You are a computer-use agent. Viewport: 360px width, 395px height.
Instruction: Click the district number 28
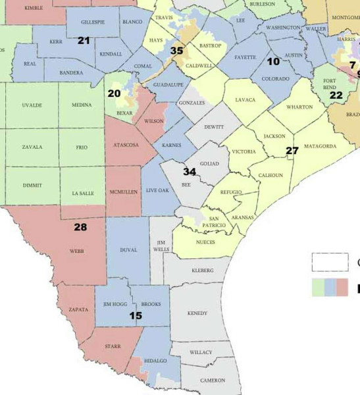click(80, 227)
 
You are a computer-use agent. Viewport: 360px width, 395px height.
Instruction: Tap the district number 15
click(136, 316)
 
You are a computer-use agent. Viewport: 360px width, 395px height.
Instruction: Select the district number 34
click(190, 172)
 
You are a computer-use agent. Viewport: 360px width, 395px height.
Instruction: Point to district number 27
click(292, 151)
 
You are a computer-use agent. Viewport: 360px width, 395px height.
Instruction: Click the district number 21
click(84, 41)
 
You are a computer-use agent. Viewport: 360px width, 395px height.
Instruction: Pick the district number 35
click(176, 51)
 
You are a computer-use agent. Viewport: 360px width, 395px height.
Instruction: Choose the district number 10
click(273, 61)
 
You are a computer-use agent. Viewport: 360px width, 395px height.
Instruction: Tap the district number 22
click(336, 95)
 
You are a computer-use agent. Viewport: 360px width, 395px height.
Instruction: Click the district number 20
click(114, 93)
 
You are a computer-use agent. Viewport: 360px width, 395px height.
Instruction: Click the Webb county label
click(76, 251)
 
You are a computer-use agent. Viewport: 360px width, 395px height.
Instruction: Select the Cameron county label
click(213, 381)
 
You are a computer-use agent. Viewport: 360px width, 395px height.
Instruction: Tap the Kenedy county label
click(197, 313)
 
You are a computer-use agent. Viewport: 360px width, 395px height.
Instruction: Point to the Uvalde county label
click(31, 105)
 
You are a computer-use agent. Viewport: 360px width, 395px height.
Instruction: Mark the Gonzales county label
click(192, 103)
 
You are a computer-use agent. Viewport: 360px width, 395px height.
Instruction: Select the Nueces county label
click(206, 242)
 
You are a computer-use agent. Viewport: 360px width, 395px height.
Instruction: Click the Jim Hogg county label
click(116, 304)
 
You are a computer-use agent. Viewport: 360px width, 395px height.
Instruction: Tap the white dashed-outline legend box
click(330, 262)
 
